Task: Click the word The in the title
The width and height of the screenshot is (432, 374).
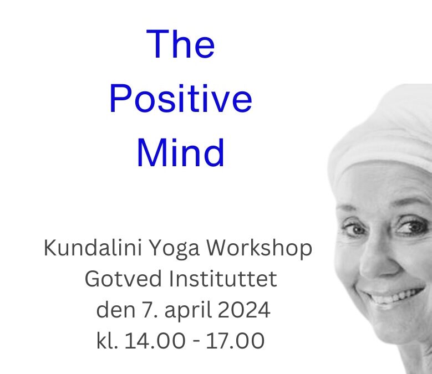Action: tap(180, 44)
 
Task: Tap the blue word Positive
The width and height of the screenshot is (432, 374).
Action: tap(181, 98)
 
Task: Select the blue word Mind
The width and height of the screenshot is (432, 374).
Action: tap(181, 152)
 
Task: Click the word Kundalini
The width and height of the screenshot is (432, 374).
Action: tap(93, 248)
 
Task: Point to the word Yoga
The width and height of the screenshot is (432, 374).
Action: tap(174, 249)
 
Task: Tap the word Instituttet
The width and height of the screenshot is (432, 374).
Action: tap(223, 279)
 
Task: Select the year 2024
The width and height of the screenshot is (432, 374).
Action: tap(244, 310)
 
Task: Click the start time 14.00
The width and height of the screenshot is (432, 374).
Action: tap(155, 341)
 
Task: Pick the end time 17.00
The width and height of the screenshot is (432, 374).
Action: tap(235, 341)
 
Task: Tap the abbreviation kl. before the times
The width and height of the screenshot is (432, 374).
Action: tap(108, 340)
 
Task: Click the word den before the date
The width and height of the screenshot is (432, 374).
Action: tap(116, 310)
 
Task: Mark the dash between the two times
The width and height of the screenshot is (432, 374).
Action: tap(196, 342)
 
